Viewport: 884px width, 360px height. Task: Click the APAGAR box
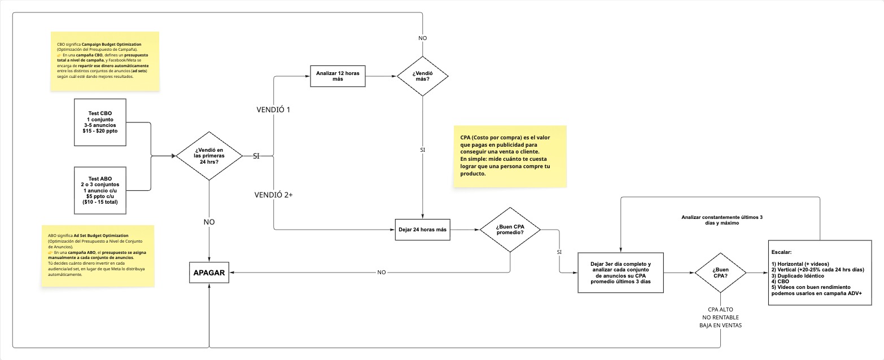tap(209, 273)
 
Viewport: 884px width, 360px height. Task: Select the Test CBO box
tap(100, 122)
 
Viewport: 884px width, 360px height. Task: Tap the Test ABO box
tap(100, 190)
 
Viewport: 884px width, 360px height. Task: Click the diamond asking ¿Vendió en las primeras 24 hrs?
tap(209, 155)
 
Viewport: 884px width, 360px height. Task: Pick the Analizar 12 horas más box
tap(338, 76)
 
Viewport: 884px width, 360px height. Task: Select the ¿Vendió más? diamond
tap(423, 76)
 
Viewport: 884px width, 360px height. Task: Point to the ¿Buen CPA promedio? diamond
tap(510, 230)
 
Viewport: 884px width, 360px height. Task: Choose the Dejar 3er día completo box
tap(620, 273)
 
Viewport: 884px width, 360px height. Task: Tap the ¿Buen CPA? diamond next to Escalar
tap(720, 273)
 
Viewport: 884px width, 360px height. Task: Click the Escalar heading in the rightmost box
tap(782, 253)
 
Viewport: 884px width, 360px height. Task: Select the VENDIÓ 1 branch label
tap(274, 109)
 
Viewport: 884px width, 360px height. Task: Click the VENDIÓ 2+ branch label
tap(274, 195)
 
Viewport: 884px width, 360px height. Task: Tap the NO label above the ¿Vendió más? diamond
tap(423, 38)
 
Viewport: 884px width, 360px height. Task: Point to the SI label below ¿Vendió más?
tap(423, 151)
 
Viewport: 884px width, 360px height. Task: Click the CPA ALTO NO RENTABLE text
tap(720, 317)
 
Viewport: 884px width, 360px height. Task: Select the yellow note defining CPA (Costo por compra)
tap(510, 156)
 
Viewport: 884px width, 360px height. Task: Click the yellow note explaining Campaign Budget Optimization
tap(104, 61)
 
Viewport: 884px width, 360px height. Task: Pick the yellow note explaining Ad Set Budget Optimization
tap(97, 256)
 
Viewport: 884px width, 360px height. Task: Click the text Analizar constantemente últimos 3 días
tap(721, 220)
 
